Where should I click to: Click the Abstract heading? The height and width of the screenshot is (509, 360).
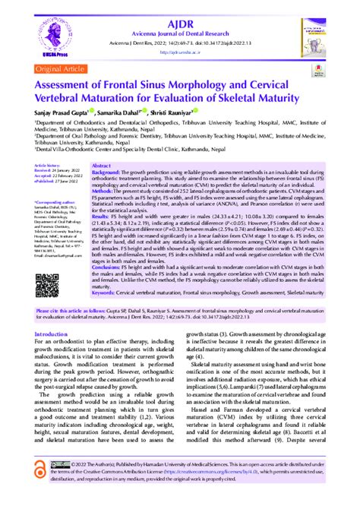pos(101,164)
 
